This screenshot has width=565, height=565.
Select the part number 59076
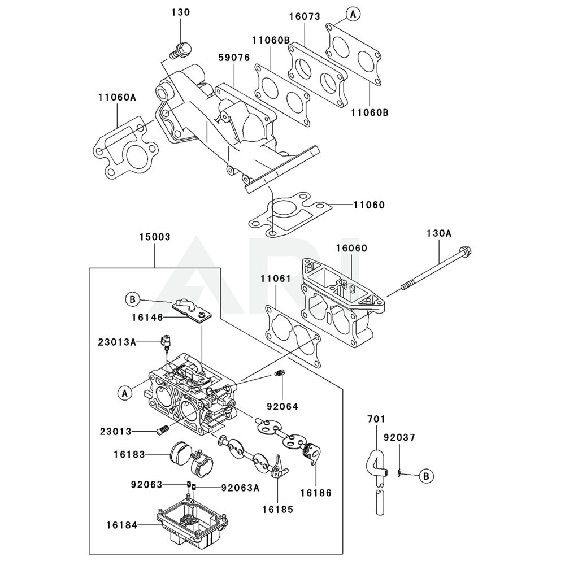coord(234,58)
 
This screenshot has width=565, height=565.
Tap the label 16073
coord(305,17)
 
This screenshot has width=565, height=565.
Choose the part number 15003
coord(155,237)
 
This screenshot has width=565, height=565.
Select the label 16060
coord(351,248)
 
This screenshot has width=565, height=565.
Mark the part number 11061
coord(276,279)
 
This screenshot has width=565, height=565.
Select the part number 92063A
coord(240,488)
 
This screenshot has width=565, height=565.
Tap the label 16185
coord(277,509)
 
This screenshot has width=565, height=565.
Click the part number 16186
coord(316,493)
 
